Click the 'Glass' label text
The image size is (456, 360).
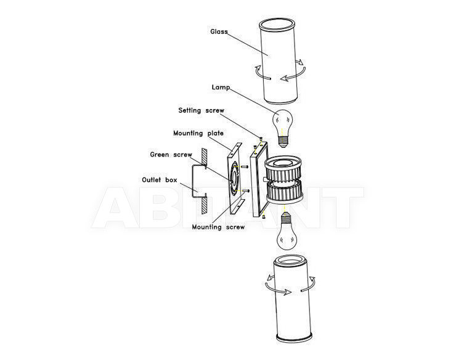click(x=219, y=31)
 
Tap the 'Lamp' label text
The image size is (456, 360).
click(x=221, y=88)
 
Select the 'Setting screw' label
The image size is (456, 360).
click(x=202, y=110)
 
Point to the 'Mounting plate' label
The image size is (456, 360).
click(x=198, y=133)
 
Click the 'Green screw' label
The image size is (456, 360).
click(x=171, y=155)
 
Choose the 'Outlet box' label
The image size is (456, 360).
click(x=160, y=180)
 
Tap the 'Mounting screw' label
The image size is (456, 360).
click(x=218, y=227)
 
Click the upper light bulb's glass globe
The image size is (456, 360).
click(x=282, y=121)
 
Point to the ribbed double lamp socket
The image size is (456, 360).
click(x=283, y=179)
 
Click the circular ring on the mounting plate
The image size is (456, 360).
click(x=235, y=178)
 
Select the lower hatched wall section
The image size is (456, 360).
click(x=205, y=205)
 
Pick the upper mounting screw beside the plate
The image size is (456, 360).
click(x=244, y=167)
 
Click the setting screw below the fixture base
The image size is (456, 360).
click(x=264, y=216)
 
